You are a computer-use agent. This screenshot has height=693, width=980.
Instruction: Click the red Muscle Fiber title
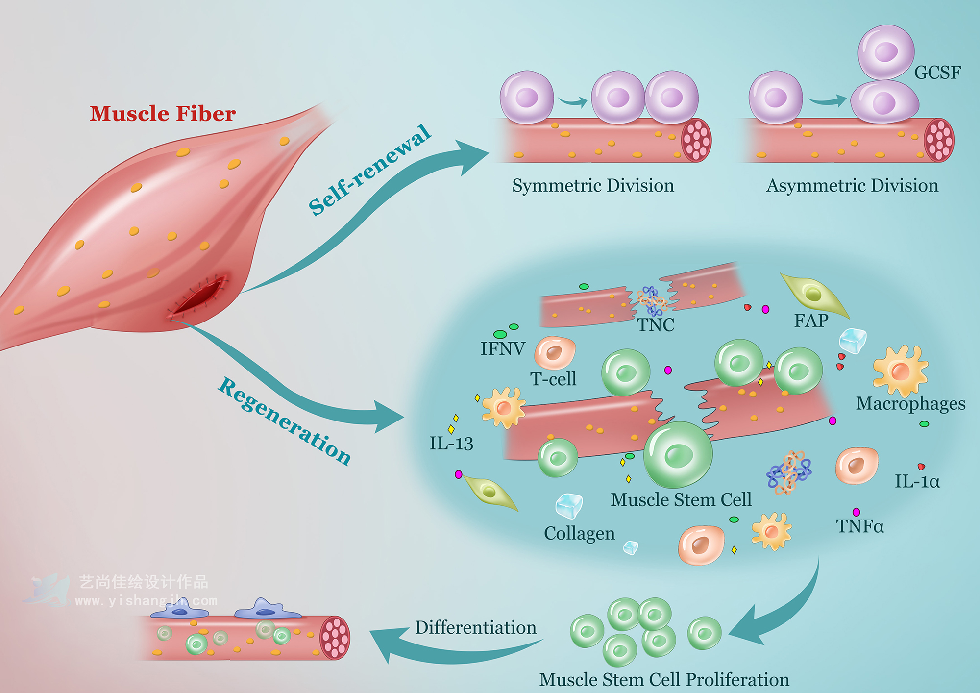point(163,114)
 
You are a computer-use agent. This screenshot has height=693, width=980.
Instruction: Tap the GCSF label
point(937,73)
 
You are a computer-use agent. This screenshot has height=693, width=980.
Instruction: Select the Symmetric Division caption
point(593,186)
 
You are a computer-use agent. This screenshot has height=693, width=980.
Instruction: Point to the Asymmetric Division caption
point(852,186)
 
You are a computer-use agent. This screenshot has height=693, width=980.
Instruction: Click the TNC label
point(656,325)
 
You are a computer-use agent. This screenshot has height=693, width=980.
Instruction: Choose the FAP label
point(811,321)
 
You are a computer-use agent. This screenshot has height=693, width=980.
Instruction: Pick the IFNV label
point(503,349)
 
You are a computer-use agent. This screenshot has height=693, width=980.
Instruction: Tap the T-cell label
point(553,379)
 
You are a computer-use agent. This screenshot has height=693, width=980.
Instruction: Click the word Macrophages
point(910,403)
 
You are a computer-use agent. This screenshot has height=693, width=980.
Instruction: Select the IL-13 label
point(451,444)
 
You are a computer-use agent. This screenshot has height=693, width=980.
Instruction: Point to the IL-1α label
point(917,481)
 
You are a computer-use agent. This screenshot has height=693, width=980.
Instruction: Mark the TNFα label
point(860,526)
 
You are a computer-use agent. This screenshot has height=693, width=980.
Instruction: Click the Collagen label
point(579,533)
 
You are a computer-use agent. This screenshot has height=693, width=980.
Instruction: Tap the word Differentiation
point(476,628)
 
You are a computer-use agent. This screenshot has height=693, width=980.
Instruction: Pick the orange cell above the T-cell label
point(555,352)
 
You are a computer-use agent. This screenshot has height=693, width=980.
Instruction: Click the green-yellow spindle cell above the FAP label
point(813,294)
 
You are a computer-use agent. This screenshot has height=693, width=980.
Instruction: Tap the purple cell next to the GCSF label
point(886,52)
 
